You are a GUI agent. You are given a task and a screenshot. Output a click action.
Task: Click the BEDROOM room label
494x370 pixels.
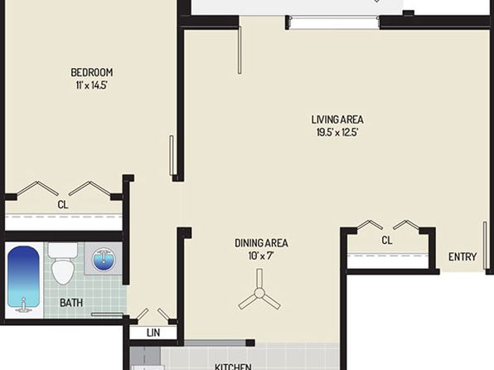(92, 72)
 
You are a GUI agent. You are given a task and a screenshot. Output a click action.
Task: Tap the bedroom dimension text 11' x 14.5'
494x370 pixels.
(92, 85)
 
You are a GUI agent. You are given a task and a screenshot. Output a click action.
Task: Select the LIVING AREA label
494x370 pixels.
(337, 119)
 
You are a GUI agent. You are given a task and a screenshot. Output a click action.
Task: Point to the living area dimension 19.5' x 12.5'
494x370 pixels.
(337, 132)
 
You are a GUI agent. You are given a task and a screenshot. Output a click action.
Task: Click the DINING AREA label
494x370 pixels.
(261, 243)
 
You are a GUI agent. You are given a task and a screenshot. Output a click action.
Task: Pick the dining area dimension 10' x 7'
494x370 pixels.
(261, 256)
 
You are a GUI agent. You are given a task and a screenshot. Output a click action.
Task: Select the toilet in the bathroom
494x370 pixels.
(62, 263)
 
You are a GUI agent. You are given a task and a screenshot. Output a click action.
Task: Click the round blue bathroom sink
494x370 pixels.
(104, 260)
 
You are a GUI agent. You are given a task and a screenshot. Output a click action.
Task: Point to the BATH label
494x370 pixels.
(71, 303)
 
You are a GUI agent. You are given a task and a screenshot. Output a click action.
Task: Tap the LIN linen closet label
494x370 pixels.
(153, 333)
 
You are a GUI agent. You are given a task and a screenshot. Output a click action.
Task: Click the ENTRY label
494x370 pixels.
(463, 257)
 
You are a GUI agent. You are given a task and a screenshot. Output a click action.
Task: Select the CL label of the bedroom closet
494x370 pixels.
(63, 205)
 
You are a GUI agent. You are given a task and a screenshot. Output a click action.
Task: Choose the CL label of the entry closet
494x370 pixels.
(387, 241)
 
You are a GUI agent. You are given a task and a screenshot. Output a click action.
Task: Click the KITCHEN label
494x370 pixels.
(233, 367)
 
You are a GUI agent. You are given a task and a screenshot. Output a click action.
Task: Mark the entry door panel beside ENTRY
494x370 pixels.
(485, 246)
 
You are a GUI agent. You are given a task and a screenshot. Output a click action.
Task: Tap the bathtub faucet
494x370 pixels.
(23, 305)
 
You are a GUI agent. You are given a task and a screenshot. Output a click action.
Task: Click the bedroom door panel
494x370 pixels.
(172, 155)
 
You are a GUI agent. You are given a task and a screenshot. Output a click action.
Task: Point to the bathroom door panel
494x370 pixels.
(107, 314)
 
